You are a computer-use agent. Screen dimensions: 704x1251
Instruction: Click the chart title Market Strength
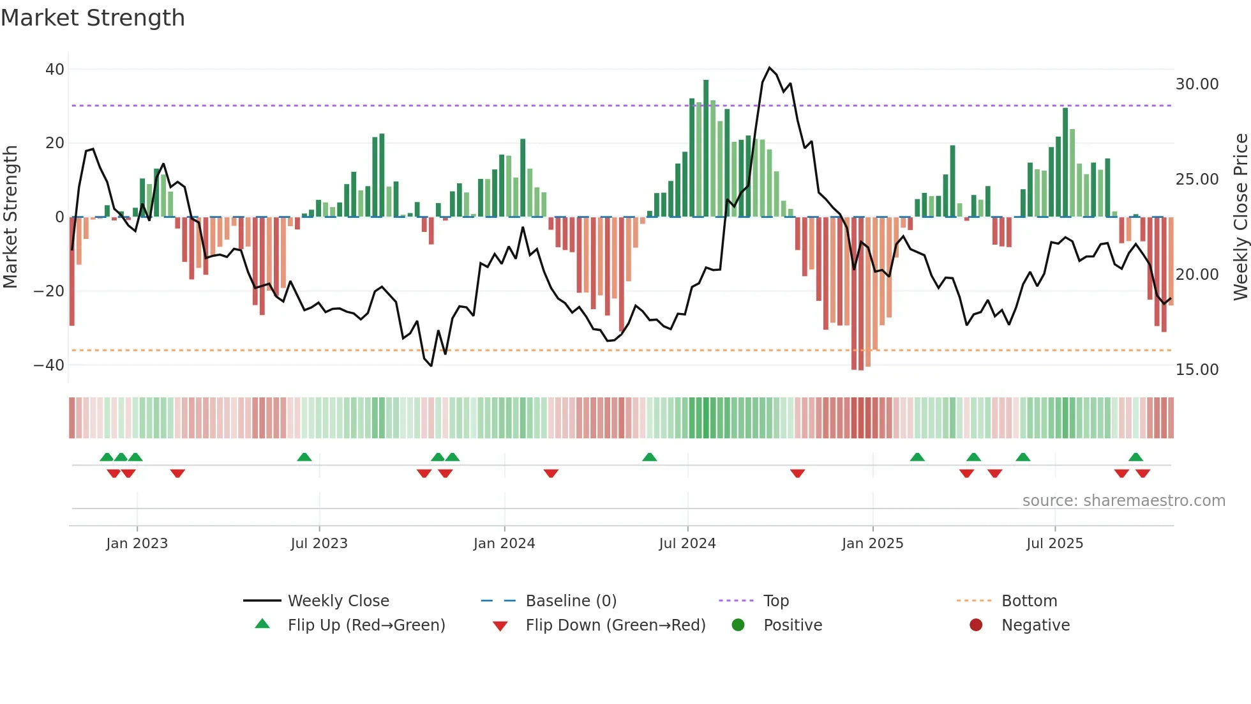(x=93, y=18)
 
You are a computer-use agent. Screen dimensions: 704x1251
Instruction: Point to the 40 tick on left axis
(x=55, y=69)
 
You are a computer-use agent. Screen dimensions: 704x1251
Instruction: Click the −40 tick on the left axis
(x=49, y=365)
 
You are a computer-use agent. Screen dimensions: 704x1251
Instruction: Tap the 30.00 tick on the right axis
(x=1197, y=84)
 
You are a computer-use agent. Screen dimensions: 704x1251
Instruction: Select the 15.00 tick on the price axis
(x=1197, y=370)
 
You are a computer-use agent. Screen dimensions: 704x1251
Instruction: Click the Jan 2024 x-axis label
(x=504, y=544)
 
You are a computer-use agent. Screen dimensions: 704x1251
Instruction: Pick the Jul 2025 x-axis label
(x=1054, y=544)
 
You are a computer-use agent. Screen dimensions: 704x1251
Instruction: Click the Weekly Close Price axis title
(x=1240, y=217)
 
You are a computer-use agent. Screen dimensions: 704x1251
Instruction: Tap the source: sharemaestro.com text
(x=1123, y=501)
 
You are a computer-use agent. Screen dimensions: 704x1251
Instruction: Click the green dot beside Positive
(x=738, y=625)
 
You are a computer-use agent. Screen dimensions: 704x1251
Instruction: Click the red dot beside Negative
(x=976, y=625)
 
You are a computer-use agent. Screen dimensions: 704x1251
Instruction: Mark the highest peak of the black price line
(x=770, y=68)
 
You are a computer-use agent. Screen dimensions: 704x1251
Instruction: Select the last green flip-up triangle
(x=1135, y=457)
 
